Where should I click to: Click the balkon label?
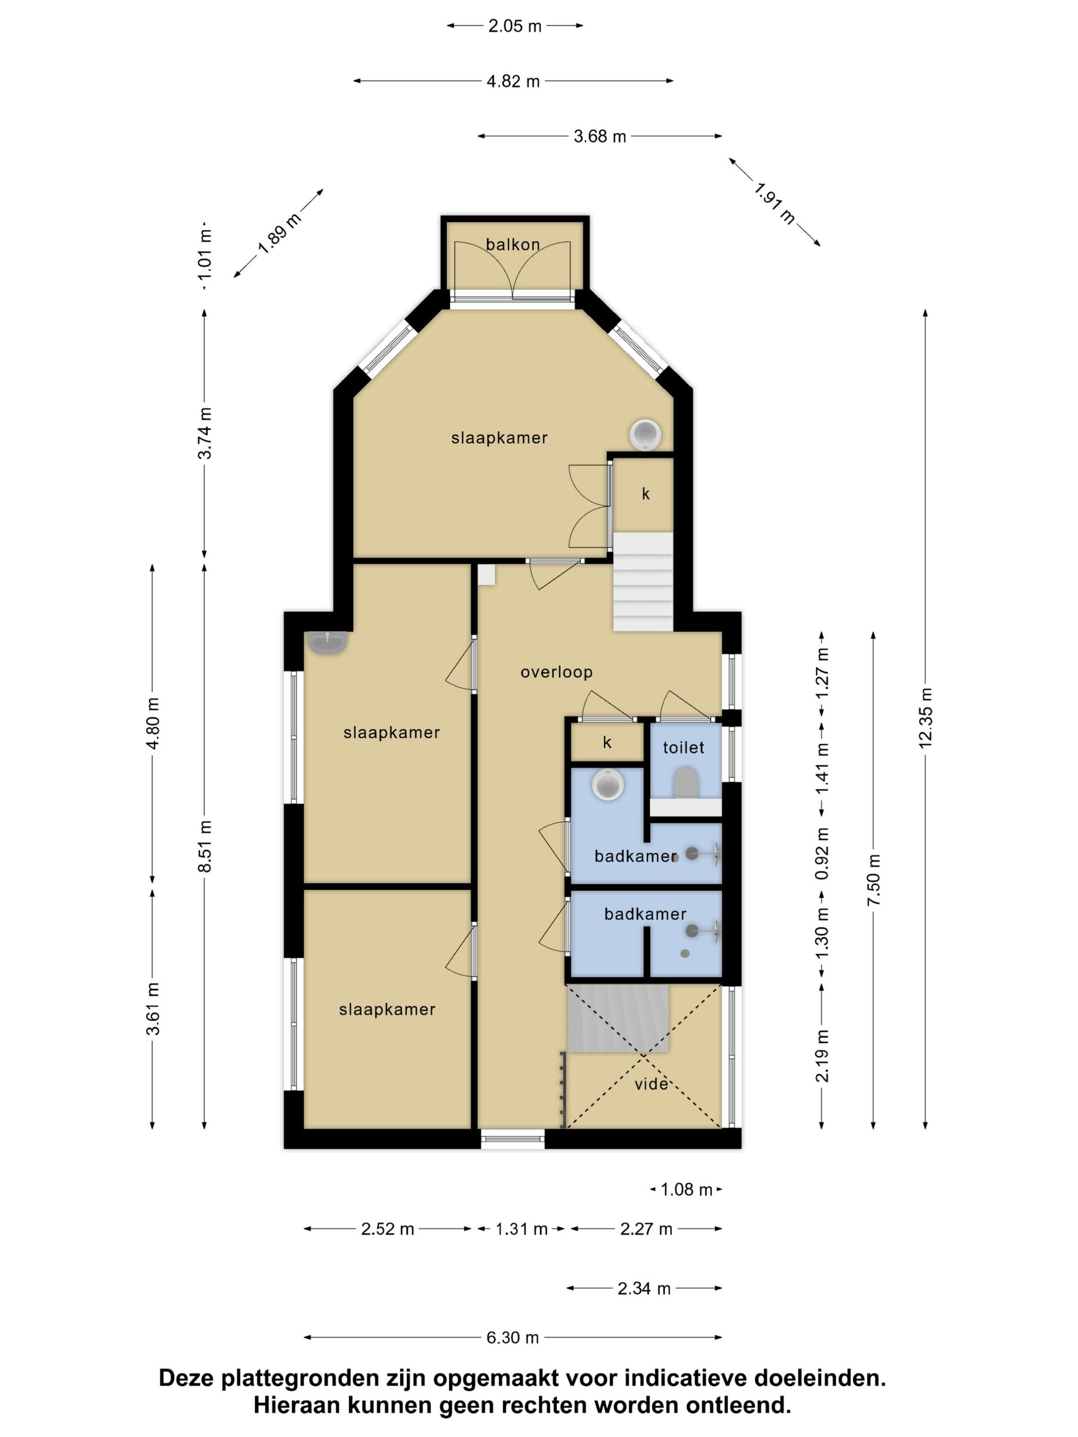click(513, 245)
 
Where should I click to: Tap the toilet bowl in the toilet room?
click(685, 782)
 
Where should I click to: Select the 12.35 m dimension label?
click(926, 718)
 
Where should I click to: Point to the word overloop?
click(556, 672)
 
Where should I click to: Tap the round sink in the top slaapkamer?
click(645, 435)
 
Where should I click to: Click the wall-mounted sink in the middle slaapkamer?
click(328, 642)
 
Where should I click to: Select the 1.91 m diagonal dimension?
click(775, 202)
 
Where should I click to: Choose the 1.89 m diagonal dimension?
click(279, 233)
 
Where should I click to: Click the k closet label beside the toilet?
click(607, 743)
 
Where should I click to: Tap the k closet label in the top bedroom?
click(645, 494)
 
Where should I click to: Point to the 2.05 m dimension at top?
click(515, 26)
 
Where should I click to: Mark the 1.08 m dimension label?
click(686, 1190)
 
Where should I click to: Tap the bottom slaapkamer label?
click(387, 1009)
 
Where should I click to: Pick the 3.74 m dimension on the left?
click(205, 433)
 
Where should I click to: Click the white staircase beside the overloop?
click(643, 581)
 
